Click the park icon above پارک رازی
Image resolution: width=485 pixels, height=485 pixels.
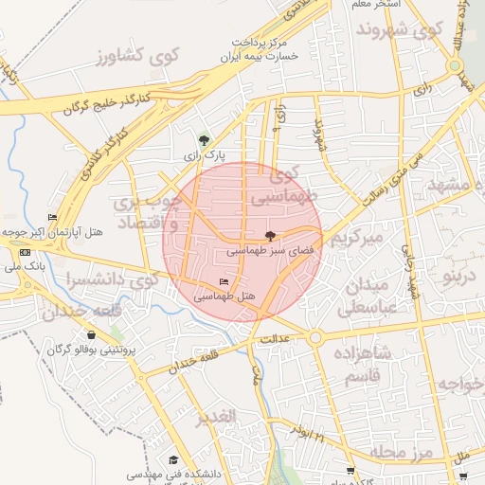(x=204, y=138)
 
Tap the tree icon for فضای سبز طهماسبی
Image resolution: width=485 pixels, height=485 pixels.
(x=271, y=236)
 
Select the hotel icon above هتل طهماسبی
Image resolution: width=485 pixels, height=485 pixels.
(x=224, y=282)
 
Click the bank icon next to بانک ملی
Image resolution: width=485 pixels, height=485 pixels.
(x=25, y=252)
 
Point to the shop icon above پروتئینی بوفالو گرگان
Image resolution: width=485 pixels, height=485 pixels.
(x=91, y=334)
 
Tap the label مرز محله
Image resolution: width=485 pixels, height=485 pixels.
(x=402, y=453)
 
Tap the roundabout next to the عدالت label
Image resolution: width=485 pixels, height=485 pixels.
(x=315, y=337)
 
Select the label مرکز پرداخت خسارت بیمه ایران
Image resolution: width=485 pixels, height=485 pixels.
(x=260, y=49)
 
